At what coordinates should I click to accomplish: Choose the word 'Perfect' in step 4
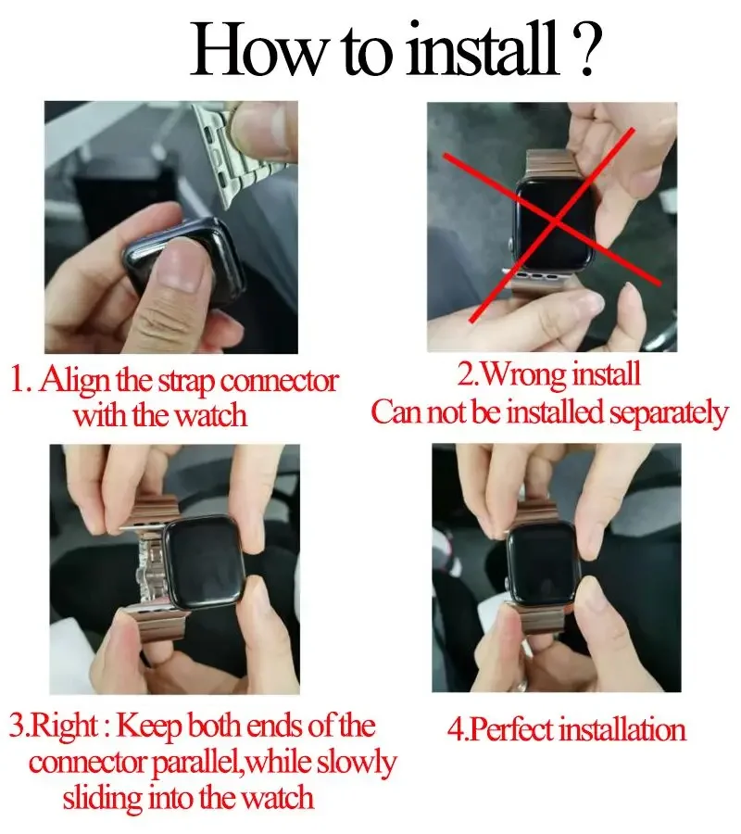(514, 729)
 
